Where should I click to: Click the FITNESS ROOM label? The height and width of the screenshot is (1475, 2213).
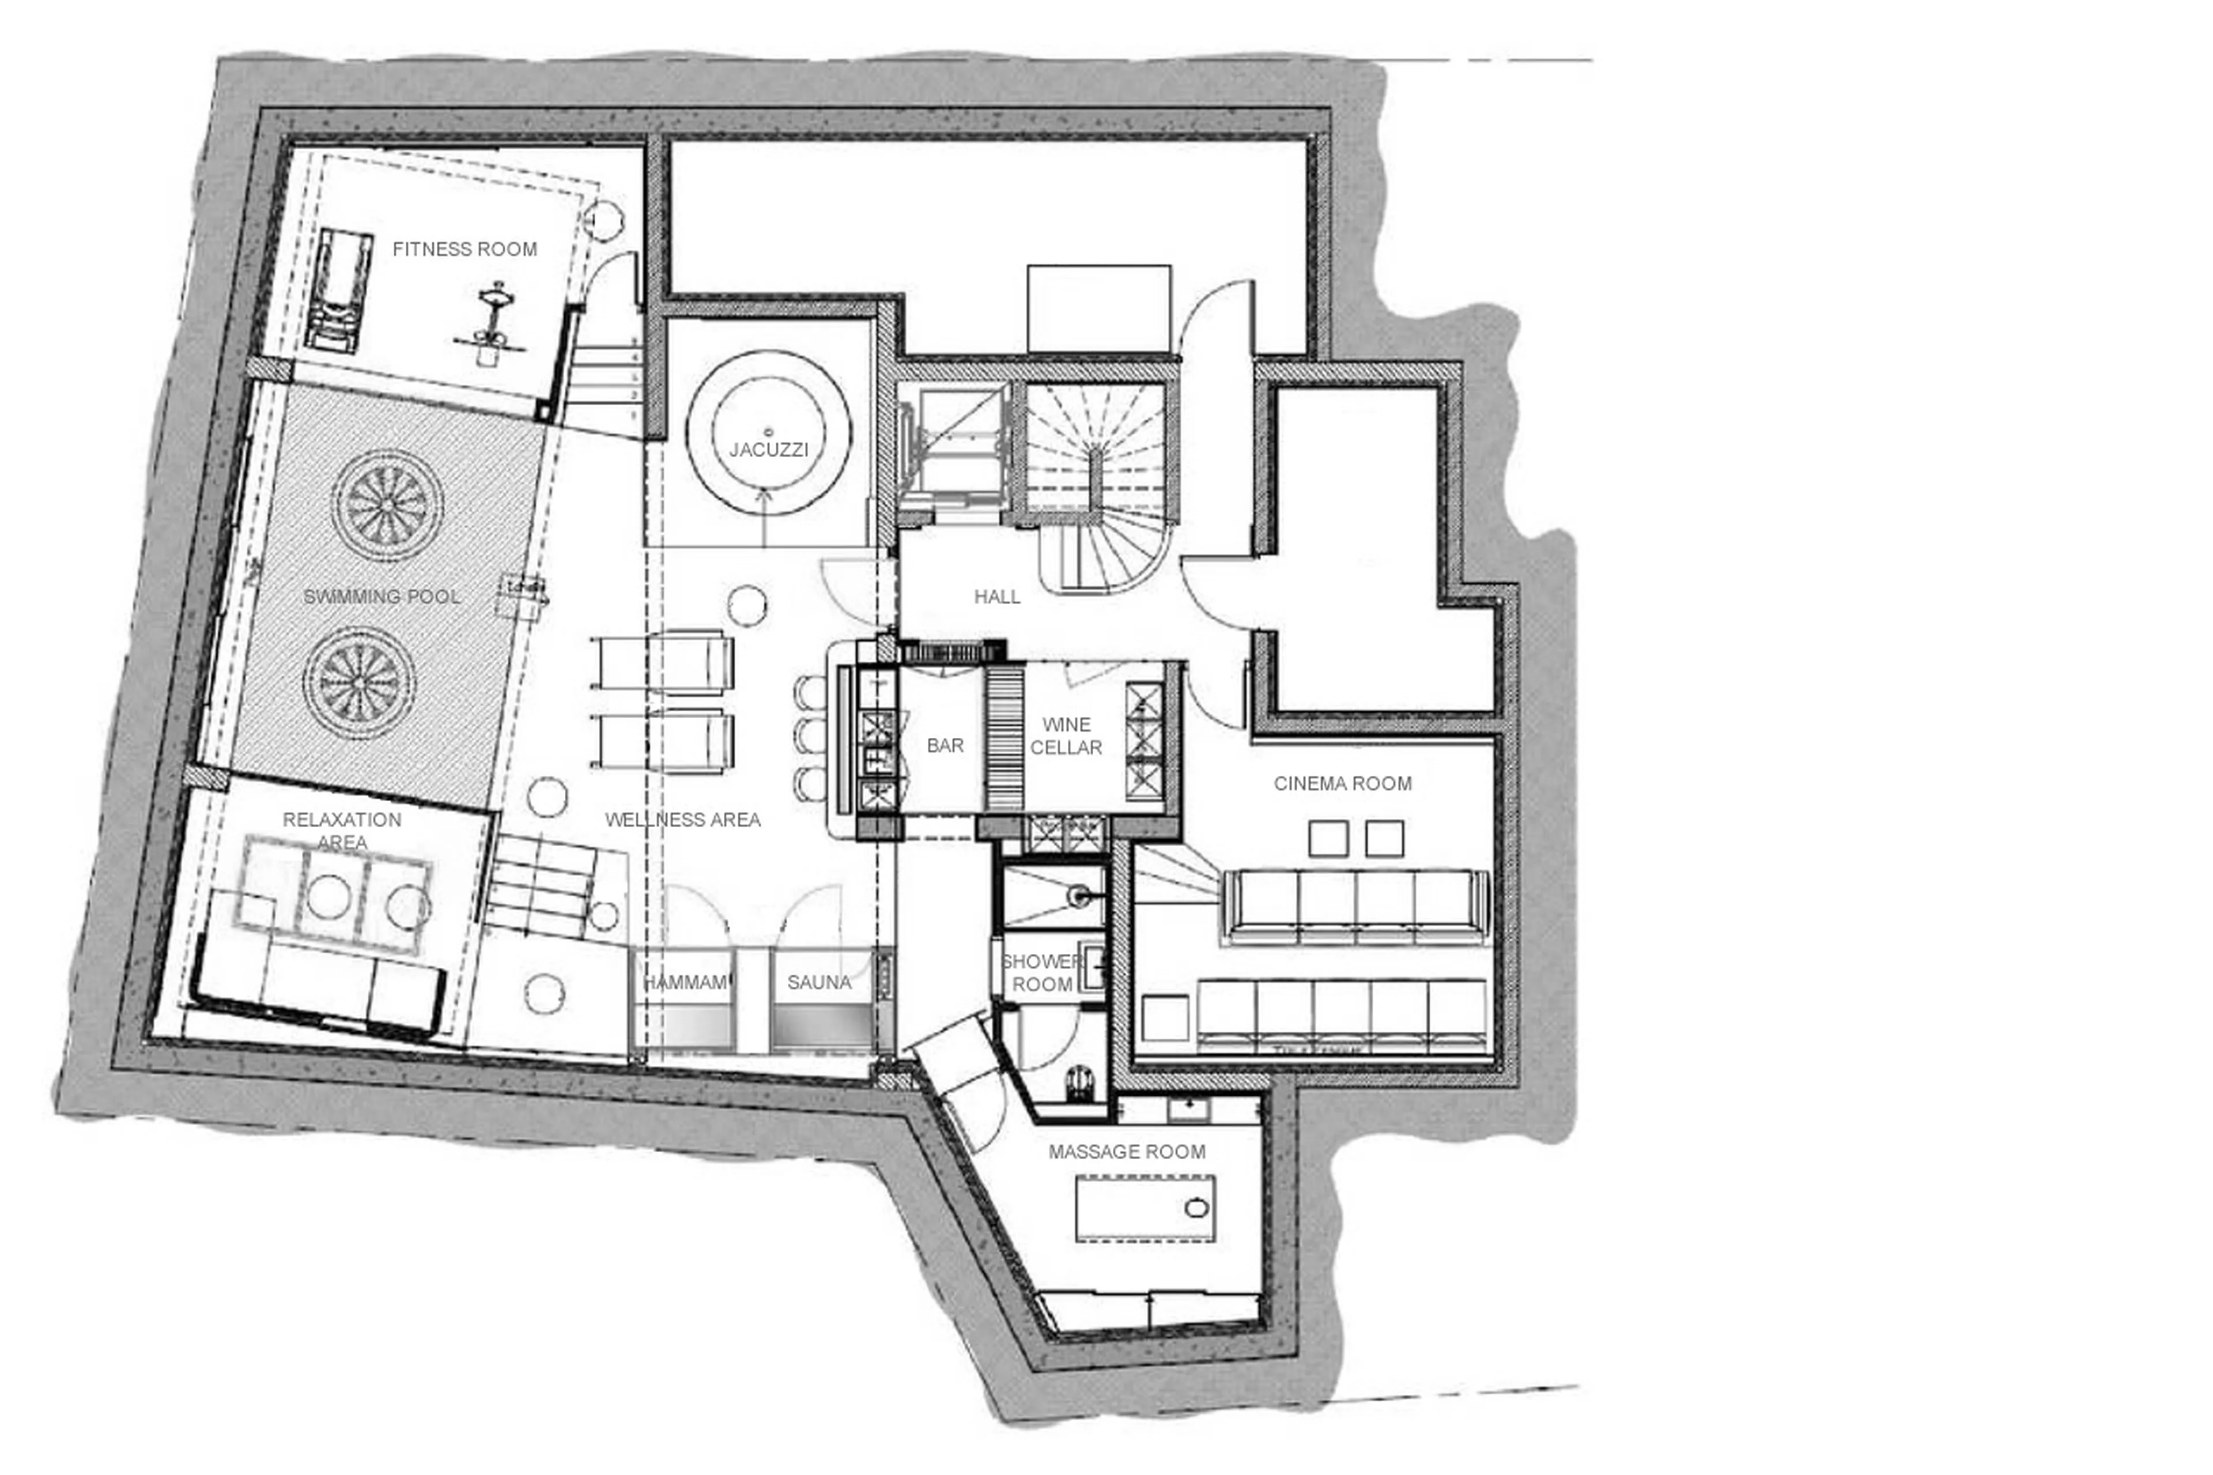click(464, 249)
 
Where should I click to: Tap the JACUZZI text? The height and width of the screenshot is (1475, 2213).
click(768, 450)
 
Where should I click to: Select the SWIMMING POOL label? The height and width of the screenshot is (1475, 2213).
click(382, 597)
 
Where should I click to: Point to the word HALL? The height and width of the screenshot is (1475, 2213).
click(997, 597)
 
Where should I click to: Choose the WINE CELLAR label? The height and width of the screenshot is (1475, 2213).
click(1066, 735)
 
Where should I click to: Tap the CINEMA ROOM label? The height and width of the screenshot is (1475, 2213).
click(1342, 783)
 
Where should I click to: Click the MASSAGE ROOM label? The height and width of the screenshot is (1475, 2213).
click(1127, 1152)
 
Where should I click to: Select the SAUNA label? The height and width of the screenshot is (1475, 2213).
click(818, 982)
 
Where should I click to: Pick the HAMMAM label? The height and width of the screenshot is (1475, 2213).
click(685, 982)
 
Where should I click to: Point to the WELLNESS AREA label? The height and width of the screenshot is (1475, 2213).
click(683, 819)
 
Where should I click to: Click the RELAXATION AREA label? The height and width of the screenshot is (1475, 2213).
click(341, 831)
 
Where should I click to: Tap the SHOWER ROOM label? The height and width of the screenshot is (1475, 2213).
click(1041, 973)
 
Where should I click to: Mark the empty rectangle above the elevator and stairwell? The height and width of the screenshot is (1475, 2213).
click(1098, 308)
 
